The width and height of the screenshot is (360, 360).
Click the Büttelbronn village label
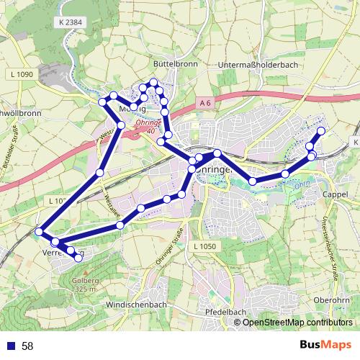tap(171, 63)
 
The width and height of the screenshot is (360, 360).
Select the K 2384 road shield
tap(68, 22)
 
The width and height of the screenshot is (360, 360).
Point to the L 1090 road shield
tap(23, 75)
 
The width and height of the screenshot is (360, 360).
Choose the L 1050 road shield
tap(205, 246)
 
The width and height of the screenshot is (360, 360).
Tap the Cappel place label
tap(336, 195)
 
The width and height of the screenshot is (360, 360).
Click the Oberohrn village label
tap(331, 300)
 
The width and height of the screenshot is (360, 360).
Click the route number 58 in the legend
tap(28, 346)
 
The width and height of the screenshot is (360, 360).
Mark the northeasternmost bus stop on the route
tap(321, 130)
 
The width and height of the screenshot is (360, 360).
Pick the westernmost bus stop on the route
tap(39, 232)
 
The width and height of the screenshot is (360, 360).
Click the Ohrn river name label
tap(300, 186)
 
